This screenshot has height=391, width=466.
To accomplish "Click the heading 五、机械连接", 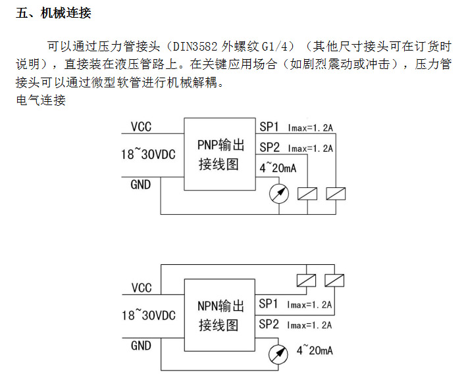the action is pos(53,13).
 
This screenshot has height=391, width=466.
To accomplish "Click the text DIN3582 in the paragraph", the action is pos(195,47).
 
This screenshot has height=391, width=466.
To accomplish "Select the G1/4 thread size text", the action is pos(275,47).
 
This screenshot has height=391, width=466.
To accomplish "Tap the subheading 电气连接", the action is pos(41,100).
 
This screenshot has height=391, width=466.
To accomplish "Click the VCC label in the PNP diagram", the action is pos(141,127).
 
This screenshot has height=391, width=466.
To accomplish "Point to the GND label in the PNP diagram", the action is pos(141,185).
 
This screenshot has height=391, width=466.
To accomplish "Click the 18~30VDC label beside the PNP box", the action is pos(148,154).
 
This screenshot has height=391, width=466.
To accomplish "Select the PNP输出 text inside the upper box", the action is pos(220,145).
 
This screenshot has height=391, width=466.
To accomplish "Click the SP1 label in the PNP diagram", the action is pos(269,127).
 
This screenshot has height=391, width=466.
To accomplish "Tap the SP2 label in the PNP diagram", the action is pos(270,147).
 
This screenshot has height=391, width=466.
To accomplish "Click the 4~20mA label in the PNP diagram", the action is pos(278,168).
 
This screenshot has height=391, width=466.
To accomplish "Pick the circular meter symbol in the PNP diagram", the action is pos(279,194).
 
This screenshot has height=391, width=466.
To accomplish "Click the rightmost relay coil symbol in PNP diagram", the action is pos(336,194).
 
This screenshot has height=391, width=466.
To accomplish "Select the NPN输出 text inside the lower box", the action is pos(220,306).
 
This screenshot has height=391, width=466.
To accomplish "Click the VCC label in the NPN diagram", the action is pos(142,288).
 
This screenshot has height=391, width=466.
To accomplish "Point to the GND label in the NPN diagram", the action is pos(141,346).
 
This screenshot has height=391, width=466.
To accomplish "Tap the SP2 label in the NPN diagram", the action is pos(269,324).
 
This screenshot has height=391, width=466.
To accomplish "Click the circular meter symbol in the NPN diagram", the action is pos(278,354).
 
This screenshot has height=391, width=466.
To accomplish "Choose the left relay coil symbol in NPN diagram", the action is pos(307,281).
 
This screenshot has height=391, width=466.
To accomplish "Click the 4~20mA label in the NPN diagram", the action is pos(315,350).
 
